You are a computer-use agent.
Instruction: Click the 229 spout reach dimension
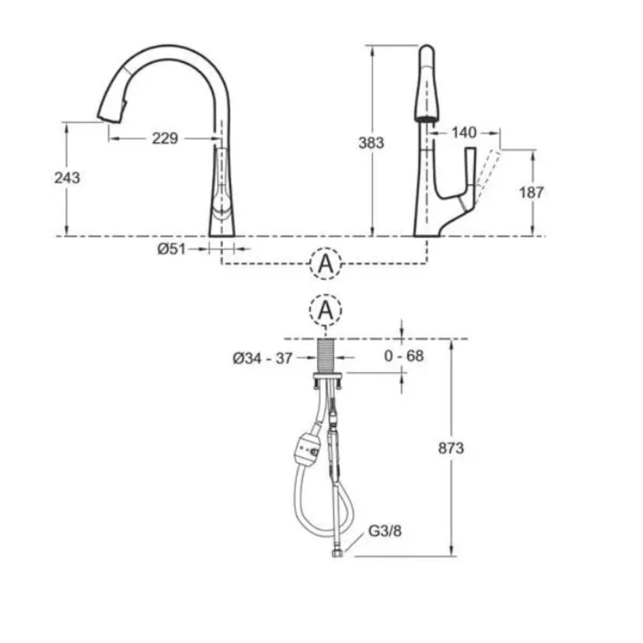tap(165, 138)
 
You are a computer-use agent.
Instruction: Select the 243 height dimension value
tap(67, 177)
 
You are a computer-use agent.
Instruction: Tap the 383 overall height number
tap(371, 143)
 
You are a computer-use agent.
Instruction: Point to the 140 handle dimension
tap(464, 133)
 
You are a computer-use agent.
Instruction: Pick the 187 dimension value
tap(531, 192)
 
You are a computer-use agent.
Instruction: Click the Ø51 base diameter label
tap(171, 248)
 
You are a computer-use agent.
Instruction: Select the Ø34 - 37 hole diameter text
tap(262, 359)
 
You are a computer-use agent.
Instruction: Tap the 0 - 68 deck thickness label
tap(404, 355)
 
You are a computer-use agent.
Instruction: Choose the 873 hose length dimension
tap(451, 448)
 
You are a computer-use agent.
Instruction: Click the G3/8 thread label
tap(385, 531)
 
